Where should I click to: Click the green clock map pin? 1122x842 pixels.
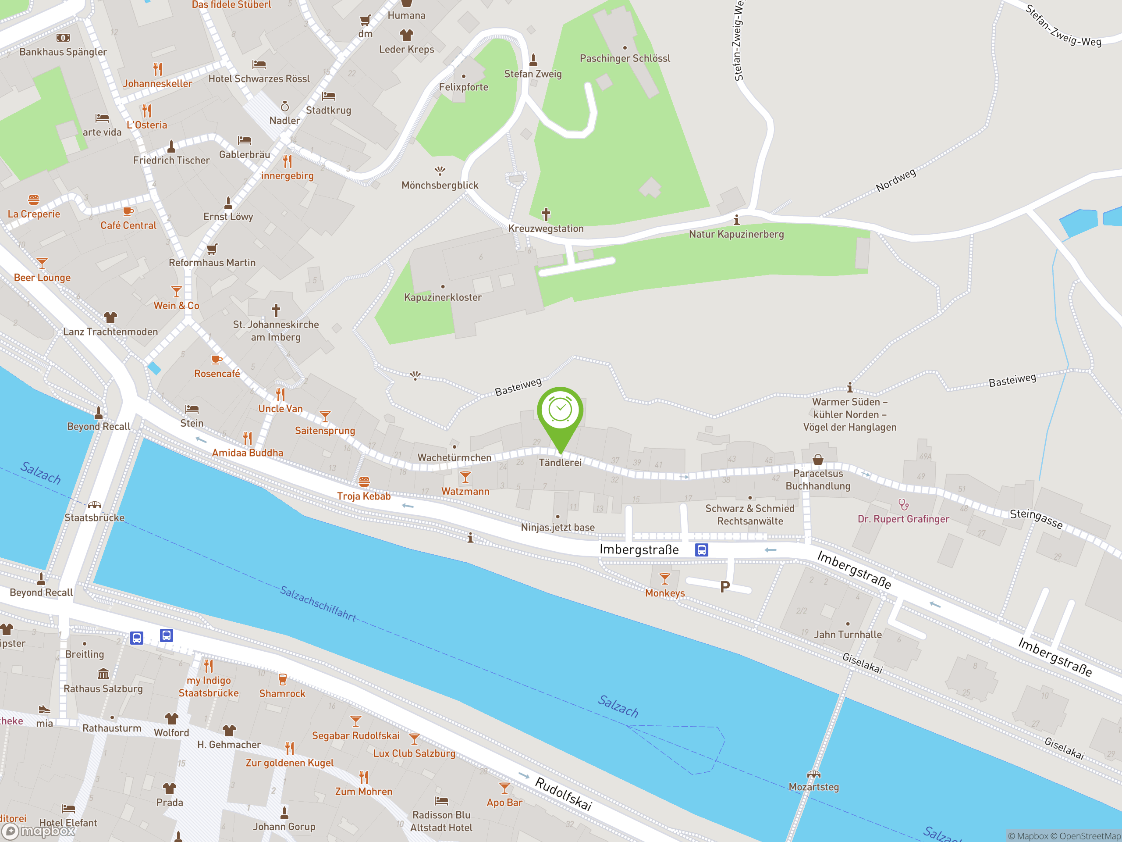[x=560, y=410]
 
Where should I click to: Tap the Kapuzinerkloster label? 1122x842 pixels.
[x=442, y=297]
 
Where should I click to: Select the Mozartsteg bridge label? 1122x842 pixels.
[x=813, y=787]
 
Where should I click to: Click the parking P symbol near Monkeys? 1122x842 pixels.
[x=725, y=587]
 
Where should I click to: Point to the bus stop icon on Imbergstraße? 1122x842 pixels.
[x=702, y=549]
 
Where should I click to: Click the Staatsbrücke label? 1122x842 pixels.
[x=94, y=517]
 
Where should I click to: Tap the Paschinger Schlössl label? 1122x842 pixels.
[x=625, y=58]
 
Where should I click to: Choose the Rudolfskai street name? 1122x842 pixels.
[x=564, y=794]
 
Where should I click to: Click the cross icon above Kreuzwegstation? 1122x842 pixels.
[x=546, y=214]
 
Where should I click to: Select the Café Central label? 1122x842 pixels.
[x=128, y=225]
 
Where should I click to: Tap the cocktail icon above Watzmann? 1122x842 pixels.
[x=465, y=477]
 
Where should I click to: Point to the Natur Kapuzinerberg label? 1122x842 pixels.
[x=736, y=235]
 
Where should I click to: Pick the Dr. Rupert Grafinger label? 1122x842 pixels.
[x=903, y=519]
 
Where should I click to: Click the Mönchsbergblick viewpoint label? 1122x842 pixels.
[x=440, y=185]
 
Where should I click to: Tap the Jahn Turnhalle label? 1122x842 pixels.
[x=848, y=635]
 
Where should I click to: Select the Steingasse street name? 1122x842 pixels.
[x=1036, y=519]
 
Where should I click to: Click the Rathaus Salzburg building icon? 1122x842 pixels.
[x=103, y=674]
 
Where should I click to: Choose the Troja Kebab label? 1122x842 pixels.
[x=364, y=496]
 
